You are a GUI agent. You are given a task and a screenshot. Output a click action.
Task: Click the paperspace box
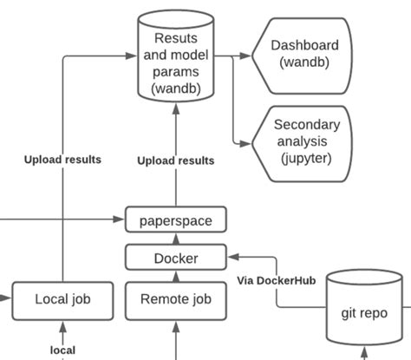(x=175, y=220)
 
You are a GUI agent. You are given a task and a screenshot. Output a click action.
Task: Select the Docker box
(x=175, y=258)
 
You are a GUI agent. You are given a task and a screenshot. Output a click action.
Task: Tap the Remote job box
(x=175, y=299)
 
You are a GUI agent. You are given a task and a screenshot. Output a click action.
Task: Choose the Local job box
(x=62, y=299)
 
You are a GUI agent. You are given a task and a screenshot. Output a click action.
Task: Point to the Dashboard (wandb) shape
(x=304, y=54)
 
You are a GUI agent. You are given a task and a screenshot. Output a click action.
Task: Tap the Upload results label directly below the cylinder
(x=176, y=160)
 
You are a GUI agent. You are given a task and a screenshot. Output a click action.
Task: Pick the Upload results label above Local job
(x=62, y=160)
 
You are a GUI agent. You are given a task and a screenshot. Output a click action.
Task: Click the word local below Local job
(x=62, y=350)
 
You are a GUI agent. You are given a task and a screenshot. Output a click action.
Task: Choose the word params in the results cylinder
(x=176, y=71)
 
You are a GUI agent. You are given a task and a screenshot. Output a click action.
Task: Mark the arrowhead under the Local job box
(x=62, y=327)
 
